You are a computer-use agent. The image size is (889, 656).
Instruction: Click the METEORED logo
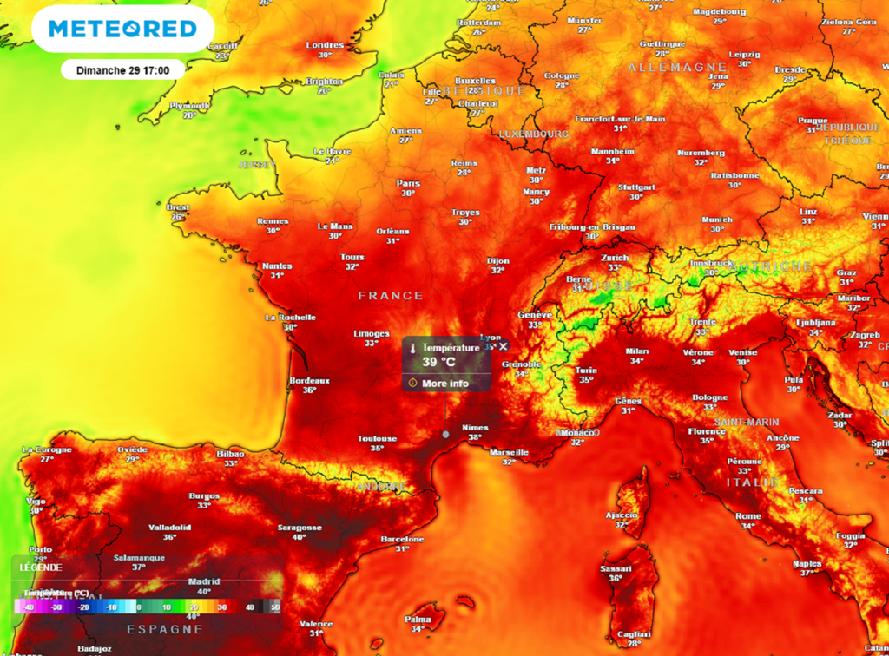pos(122,30)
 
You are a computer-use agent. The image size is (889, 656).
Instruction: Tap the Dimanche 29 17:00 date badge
pos(122,70)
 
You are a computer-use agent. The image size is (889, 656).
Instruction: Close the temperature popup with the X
pos(504,346)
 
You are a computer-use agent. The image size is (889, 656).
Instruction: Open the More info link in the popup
pos(444,383)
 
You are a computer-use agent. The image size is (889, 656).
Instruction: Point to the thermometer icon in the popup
pos(412,348)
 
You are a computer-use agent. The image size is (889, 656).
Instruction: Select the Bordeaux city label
pos(309,380)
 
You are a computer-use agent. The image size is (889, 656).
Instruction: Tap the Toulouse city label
pos(377,438)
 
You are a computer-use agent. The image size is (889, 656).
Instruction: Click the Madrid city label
pos(204,581)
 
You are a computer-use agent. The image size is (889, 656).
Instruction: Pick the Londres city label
pos(326,45)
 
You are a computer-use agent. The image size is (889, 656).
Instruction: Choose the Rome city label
pos(747,515)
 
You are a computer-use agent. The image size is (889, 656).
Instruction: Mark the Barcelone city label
pos(402,539)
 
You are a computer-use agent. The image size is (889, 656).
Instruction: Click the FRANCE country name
pos(391,296)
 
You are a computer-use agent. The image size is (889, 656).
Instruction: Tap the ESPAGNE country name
pos(165,629)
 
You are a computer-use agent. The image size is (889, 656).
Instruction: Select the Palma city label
pos(418,619)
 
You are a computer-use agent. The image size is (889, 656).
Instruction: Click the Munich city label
pos(717,219)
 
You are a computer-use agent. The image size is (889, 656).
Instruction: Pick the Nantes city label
pos(277,266)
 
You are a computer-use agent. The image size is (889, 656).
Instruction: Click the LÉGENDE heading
pos(36,567)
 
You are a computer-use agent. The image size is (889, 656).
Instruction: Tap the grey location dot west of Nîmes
pos(445,433)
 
